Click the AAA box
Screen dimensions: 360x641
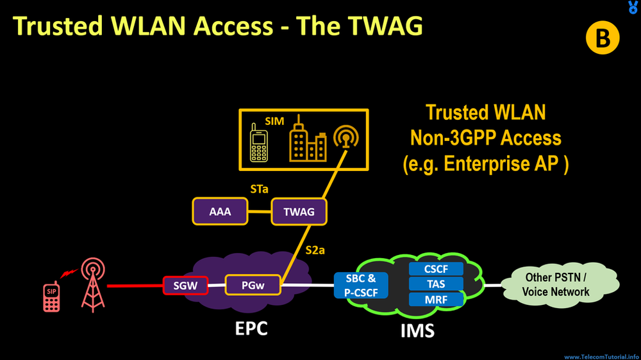pyautogui.click(x=221, y=211)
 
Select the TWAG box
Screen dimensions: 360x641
pyautogui.click(x=299, y=211)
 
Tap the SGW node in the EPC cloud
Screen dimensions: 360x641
pyautogui.click(x=185, y=284)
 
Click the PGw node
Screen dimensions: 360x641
pyautogui.click(x=253, y=284)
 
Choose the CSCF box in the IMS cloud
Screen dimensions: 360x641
pyautogui.click(x=437, y=269)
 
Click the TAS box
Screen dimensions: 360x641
pyautogui.click(x=437, y=284)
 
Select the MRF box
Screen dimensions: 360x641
pyautogui.click(x=437, y=299)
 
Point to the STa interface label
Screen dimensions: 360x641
pyautogui.click(x=260, y=189)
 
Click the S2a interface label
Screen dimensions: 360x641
pyautogui.click(x=315, y=250)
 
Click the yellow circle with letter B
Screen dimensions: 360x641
pyautogui.click(x=603, y=39)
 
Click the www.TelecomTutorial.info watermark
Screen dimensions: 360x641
pyautogui.click(x=601, y=356)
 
